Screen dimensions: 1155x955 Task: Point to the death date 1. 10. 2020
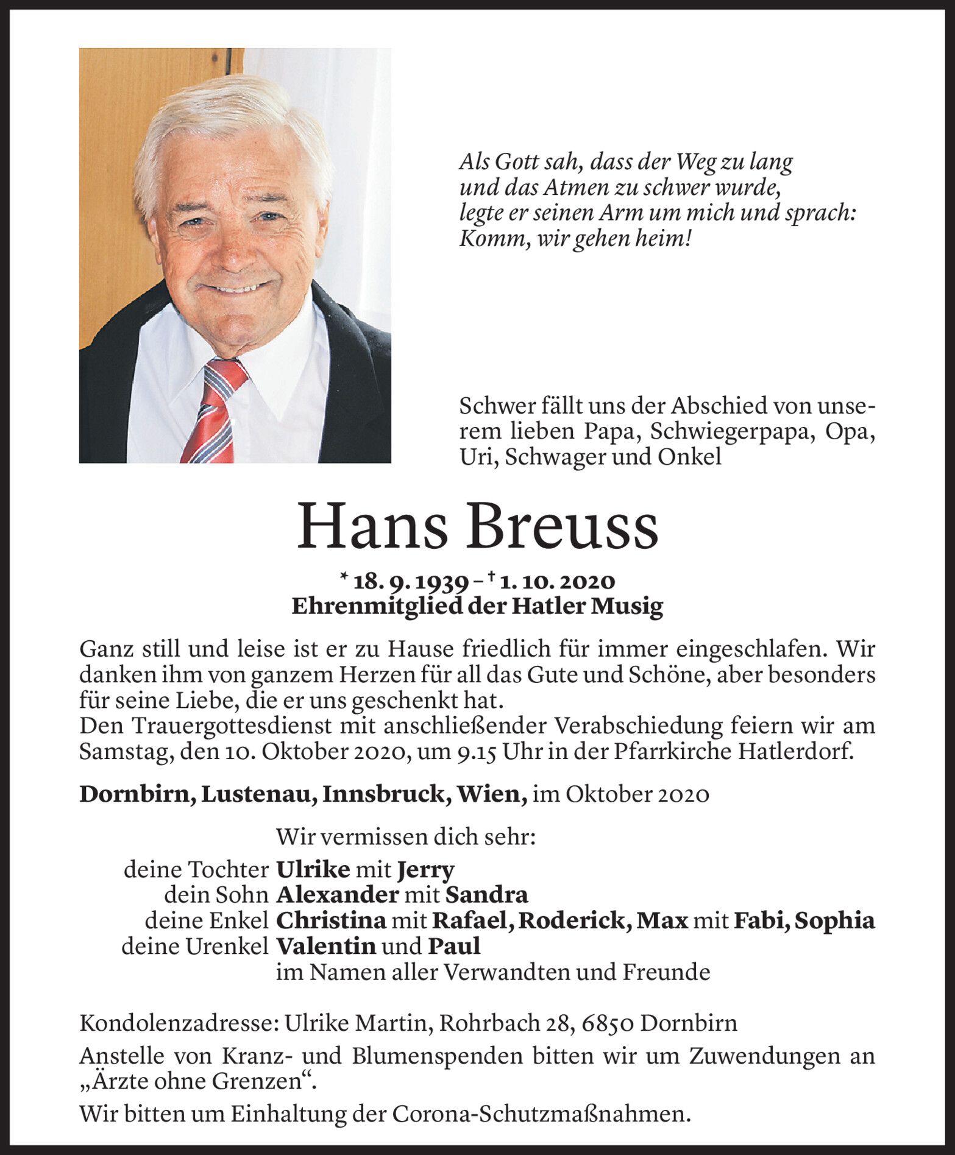(557, 582)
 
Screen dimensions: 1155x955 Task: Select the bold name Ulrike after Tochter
(313, 869)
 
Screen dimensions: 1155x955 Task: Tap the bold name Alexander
(337, 895)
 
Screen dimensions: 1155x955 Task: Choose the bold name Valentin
(325, 946)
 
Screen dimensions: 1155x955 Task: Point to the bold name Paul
(454, 946)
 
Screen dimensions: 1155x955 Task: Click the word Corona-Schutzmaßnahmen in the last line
(541, 1114)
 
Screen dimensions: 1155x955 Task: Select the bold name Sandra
(486, 895)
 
